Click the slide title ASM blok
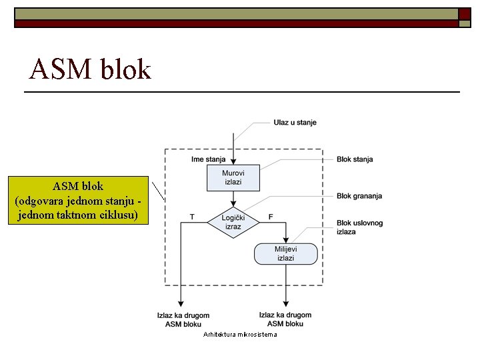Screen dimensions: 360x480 tap(91, 69)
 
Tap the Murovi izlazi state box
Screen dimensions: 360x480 tap(233, 177)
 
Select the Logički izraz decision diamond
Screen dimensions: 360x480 tap(233, 223)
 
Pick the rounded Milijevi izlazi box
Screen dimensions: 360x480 tap(285, 253)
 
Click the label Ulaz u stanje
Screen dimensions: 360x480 tap(295, 123)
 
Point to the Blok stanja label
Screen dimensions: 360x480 tap(354, 159)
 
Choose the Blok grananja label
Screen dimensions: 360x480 tap(359, 196)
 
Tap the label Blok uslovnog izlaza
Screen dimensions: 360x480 tap(359, 227)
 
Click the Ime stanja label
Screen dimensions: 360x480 tap(208, 159)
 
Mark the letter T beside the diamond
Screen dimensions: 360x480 tap(192, 217)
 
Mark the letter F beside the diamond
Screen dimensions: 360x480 tap(271, 217)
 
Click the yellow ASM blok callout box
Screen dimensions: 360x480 tap(77, 201)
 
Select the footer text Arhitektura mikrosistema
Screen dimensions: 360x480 tap(239, 334)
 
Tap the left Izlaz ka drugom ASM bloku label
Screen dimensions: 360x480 tap(183, 319)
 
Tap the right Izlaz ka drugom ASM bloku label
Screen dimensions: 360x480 tap(285, 319)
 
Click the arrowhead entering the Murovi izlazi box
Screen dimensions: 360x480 tap(233, 160)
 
